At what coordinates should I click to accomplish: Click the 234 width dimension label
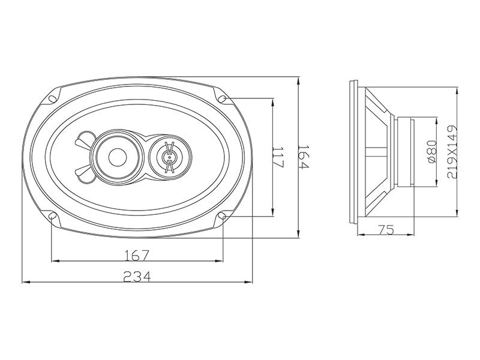pyautogui.click(x=137, y=277)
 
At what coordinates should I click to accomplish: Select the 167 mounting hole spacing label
pyautogui.click(x=137, y=256)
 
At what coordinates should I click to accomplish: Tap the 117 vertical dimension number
pyautogui.click(x=278, y=157)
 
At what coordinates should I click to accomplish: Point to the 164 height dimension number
pyautogui.click(x=304, y=157)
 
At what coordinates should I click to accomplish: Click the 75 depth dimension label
pyautogui.click(x=386, y=229)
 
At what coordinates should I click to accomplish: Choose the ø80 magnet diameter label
pyautogui.click(x=431, y=152)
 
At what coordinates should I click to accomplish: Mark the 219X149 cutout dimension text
pyautogui.click(x=452, y=152)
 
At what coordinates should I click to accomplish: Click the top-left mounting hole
pyautogui.click(x=52, y=99)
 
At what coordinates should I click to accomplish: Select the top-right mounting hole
pyautogui.click(x=223, y=99)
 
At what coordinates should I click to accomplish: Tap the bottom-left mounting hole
pyautogui.click(x=52, y=216)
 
